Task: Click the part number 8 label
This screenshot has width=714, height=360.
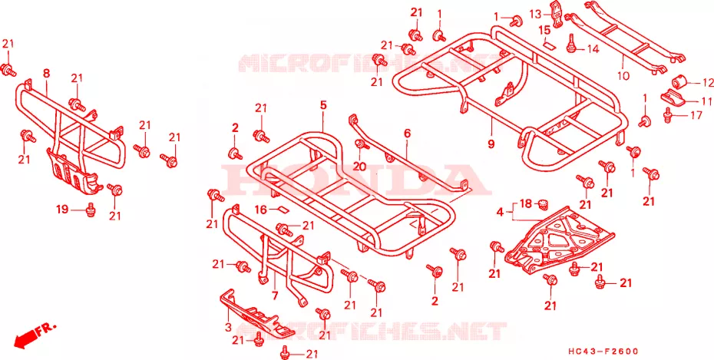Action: pos(46,73)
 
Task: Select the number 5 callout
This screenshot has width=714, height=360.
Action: pos(323,106)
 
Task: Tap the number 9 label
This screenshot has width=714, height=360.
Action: pos(491,144)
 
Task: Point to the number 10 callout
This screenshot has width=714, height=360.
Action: pos(623,75)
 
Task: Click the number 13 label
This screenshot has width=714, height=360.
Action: pos(536,14)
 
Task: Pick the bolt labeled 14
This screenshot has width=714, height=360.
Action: pos(570,45)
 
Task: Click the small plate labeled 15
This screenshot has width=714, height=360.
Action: pos(548,45)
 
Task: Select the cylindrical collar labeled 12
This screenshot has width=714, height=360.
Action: pos(680,82)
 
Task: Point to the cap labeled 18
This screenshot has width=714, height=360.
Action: pos(541,203)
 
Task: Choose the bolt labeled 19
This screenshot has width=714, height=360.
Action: pos(91,209)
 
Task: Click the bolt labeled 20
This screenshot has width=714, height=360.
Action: pos(361,145)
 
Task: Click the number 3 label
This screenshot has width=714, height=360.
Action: pos(228,327)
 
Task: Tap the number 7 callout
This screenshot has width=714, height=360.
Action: pos(275,296)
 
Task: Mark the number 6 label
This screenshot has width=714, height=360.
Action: pos(407,134)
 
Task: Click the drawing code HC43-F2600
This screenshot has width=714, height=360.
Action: pos(603,352)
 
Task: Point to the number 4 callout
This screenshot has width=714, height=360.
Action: pos(500,212)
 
